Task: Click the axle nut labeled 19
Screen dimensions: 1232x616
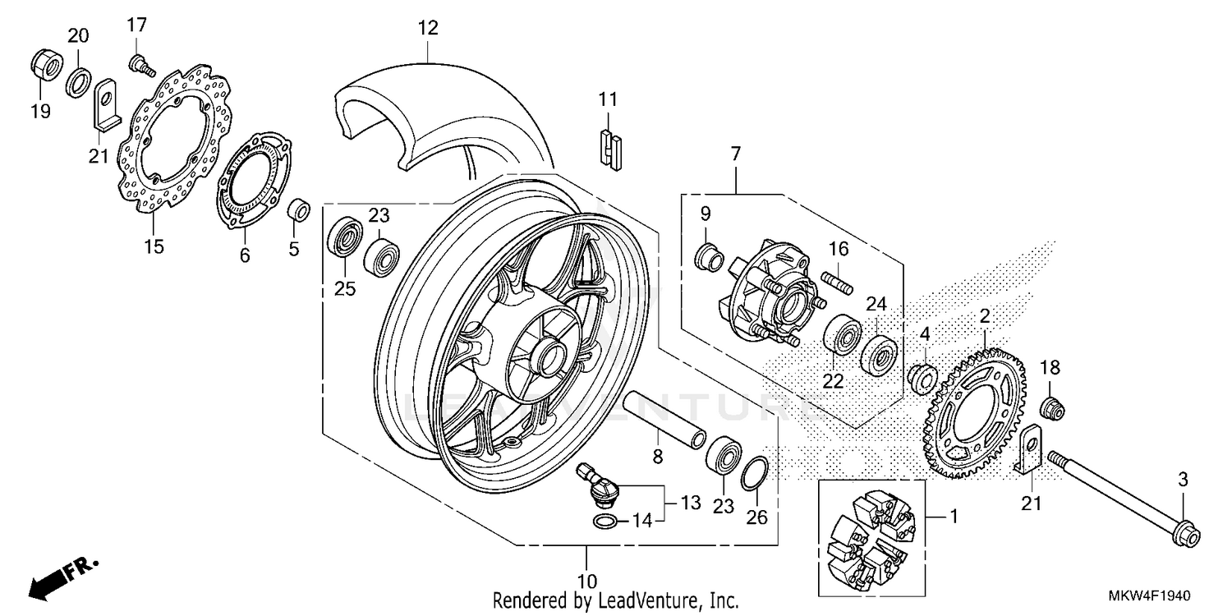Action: tap(46, 65)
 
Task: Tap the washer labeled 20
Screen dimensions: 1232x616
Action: tap(79, 83)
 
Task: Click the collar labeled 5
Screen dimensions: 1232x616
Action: tap(299, 209)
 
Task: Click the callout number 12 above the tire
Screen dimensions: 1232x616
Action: tap(427, 28)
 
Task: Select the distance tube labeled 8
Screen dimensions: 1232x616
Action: tap(664, 420)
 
